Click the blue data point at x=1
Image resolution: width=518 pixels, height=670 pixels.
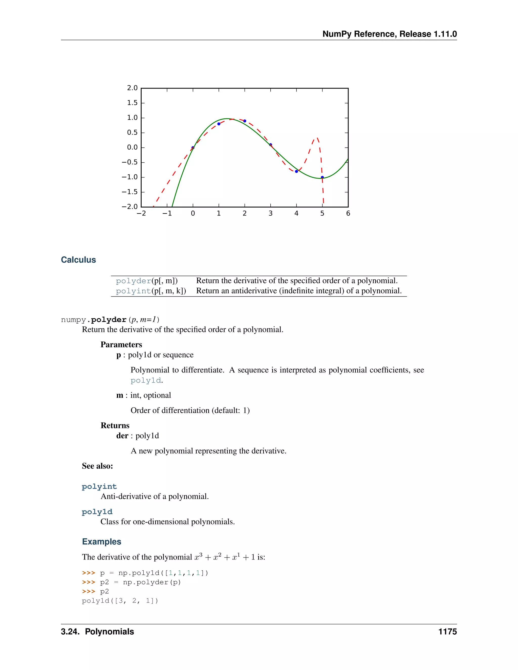click(219, 124)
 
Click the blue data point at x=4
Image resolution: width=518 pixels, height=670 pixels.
click(296, 171)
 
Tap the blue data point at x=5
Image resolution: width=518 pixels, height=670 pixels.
click(322, 177)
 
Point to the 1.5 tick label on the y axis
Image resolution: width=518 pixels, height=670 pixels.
click(132, 103)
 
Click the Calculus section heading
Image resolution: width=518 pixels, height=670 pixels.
click(78, 260)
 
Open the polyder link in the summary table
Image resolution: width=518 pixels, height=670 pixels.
click(134, 281)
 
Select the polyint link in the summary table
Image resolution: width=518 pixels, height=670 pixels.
click(134, 291)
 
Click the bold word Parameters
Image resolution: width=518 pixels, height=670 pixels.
click(121, 345)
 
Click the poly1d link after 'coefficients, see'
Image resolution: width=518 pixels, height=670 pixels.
click(146, 381)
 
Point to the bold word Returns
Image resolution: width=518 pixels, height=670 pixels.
click(115, 426)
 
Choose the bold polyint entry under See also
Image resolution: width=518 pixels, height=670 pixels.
click(99, 486)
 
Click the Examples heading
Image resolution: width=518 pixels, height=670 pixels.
click(102, 542)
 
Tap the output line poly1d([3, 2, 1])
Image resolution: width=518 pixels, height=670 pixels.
click(120, 601)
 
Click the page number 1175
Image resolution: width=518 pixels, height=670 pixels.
click(447, 632)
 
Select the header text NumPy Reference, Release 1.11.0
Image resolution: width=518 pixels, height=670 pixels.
click(390, 34)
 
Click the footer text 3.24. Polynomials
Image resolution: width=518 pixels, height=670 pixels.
click(97, 632)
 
